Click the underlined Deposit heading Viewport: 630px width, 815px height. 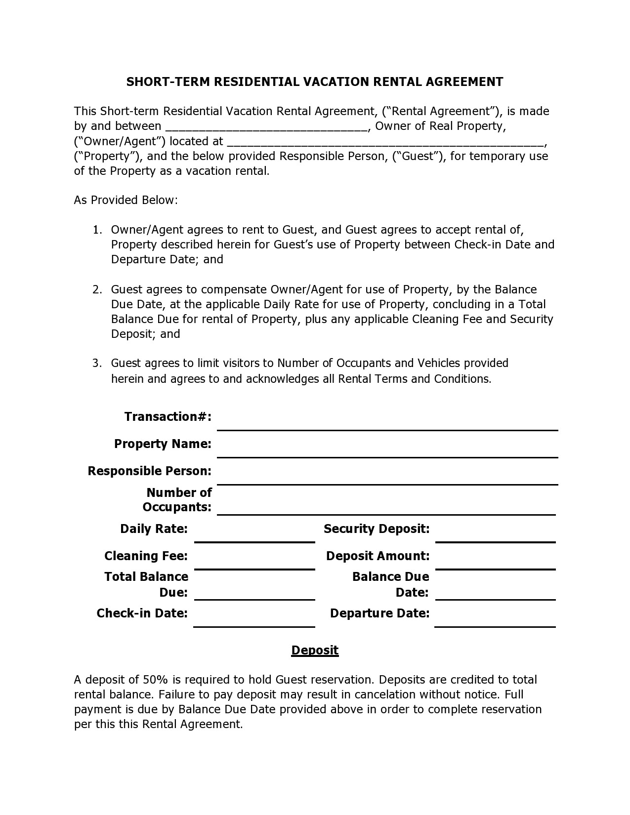(315, 650)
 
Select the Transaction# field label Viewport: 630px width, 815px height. (168, 417)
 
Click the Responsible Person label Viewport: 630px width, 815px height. (150, 471)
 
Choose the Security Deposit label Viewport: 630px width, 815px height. (377, 529)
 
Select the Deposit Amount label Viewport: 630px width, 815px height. (378, 556)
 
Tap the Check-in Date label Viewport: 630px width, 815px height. (142, 613)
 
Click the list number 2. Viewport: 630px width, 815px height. (97, 289)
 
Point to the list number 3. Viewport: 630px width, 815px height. (97, 364)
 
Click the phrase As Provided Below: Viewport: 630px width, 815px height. (126, 200)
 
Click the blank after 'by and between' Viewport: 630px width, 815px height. (266, 127)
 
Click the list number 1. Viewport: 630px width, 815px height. (97, 230)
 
